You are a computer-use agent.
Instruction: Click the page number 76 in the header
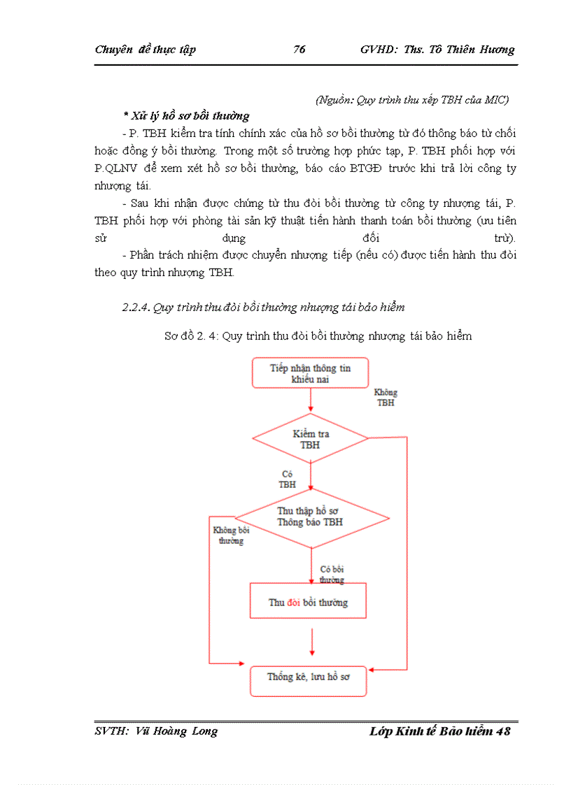tap(299, 49)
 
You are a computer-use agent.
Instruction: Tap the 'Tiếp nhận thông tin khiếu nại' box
tap(310, 373)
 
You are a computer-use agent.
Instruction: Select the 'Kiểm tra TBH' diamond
tap(310, 439)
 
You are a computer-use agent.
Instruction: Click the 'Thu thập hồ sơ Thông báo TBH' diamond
tap(310, 517)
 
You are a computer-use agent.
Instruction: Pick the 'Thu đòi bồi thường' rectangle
tap(309, 602)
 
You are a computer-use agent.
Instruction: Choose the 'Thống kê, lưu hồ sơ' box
tap(309, 677)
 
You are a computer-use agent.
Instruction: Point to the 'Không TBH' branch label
tap(385, 397)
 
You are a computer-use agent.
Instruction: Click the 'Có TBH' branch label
tap(287, 479)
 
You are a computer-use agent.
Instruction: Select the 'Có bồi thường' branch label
tap(332, 575)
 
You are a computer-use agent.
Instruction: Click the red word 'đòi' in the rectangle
tap(294, 603)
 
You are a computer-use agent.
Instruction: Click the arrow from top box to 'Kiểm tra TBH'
tap(310, 400)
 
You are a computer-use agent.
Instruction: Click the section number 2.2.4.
tap(136, 307)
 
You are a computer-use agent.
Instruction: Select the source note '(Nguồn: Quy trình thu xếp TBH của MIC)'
tap(412, 99)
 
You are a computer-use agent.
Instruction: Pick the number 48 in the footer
tap(502, 732)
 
